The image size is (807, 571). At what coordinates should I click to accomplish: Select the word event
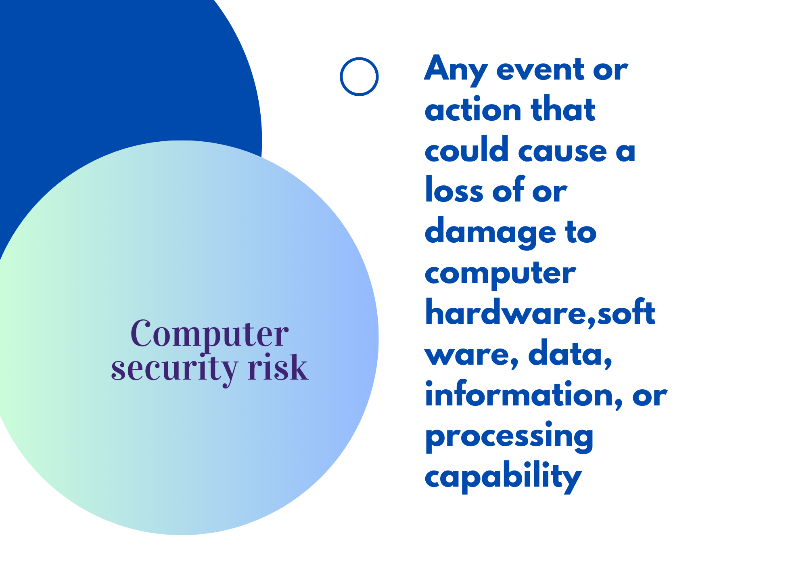(x=540, y=70)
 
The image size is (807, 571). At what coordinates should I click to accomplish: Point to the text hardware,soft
(x=540, y=312)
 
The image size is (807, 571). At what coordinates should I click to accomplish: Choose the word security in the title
(x=174, y=368)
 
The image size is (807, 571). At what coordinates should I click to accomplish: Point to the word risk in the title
(x=278, y=366)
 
